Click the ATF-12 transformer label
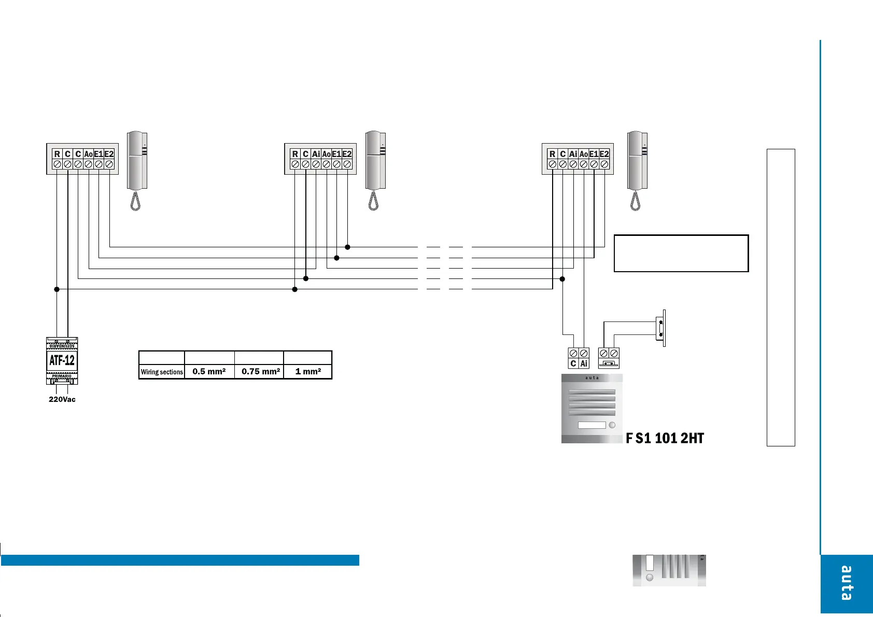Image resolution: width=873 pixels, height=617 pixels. [x=62, y=360]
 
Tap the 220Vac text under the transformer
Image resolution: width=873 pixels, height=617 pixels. [x=62, y=399]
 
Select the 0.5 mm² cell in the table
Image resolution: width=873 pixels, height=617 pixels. [x=209, y=371]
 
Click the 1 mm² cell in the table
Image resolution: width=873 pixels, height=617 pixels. [x=308, y=371]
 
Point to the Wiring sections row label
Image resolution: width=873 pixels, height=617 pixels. [x=162, y=372]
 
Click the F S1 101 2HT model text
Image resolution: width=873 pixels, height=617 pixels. [x=665, y=438]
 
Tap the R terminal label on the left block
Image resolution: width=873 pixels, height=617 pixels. [x=57, y=154]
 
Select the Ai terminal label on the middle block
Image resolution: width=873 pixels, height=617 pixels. [x=316, y=154]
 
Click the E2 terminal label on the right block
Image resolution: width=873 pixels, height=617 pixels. [x=604, y=154]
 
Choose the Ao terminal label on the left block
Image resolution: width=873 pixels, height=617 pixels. [x=88, y=154]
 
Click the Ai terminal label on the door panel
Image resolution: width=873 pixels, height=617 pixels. [x=584, y=363]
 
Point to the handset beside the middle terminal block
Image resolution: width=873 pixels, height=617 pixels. [x=375, y=161]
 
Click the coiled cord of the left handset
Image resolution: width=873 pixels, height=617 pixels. [x=136, y=201]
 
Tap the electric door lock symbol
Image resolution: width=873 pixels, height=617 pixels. [x=660, y=328]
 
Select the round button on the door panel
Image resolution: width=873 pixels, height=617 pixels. [x=612, y=425]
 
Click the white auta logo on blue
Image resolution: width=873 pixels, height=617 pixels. [x=846, y=583]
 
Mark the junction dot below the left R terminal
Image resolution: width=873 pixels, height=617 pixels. [x=57, y=289]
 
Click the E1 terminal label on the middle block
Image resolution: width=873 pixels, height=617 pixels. [x=336, y=154]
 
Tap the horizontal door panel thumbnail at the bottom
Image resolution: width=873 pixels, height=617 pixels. [x=669, y=570]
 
